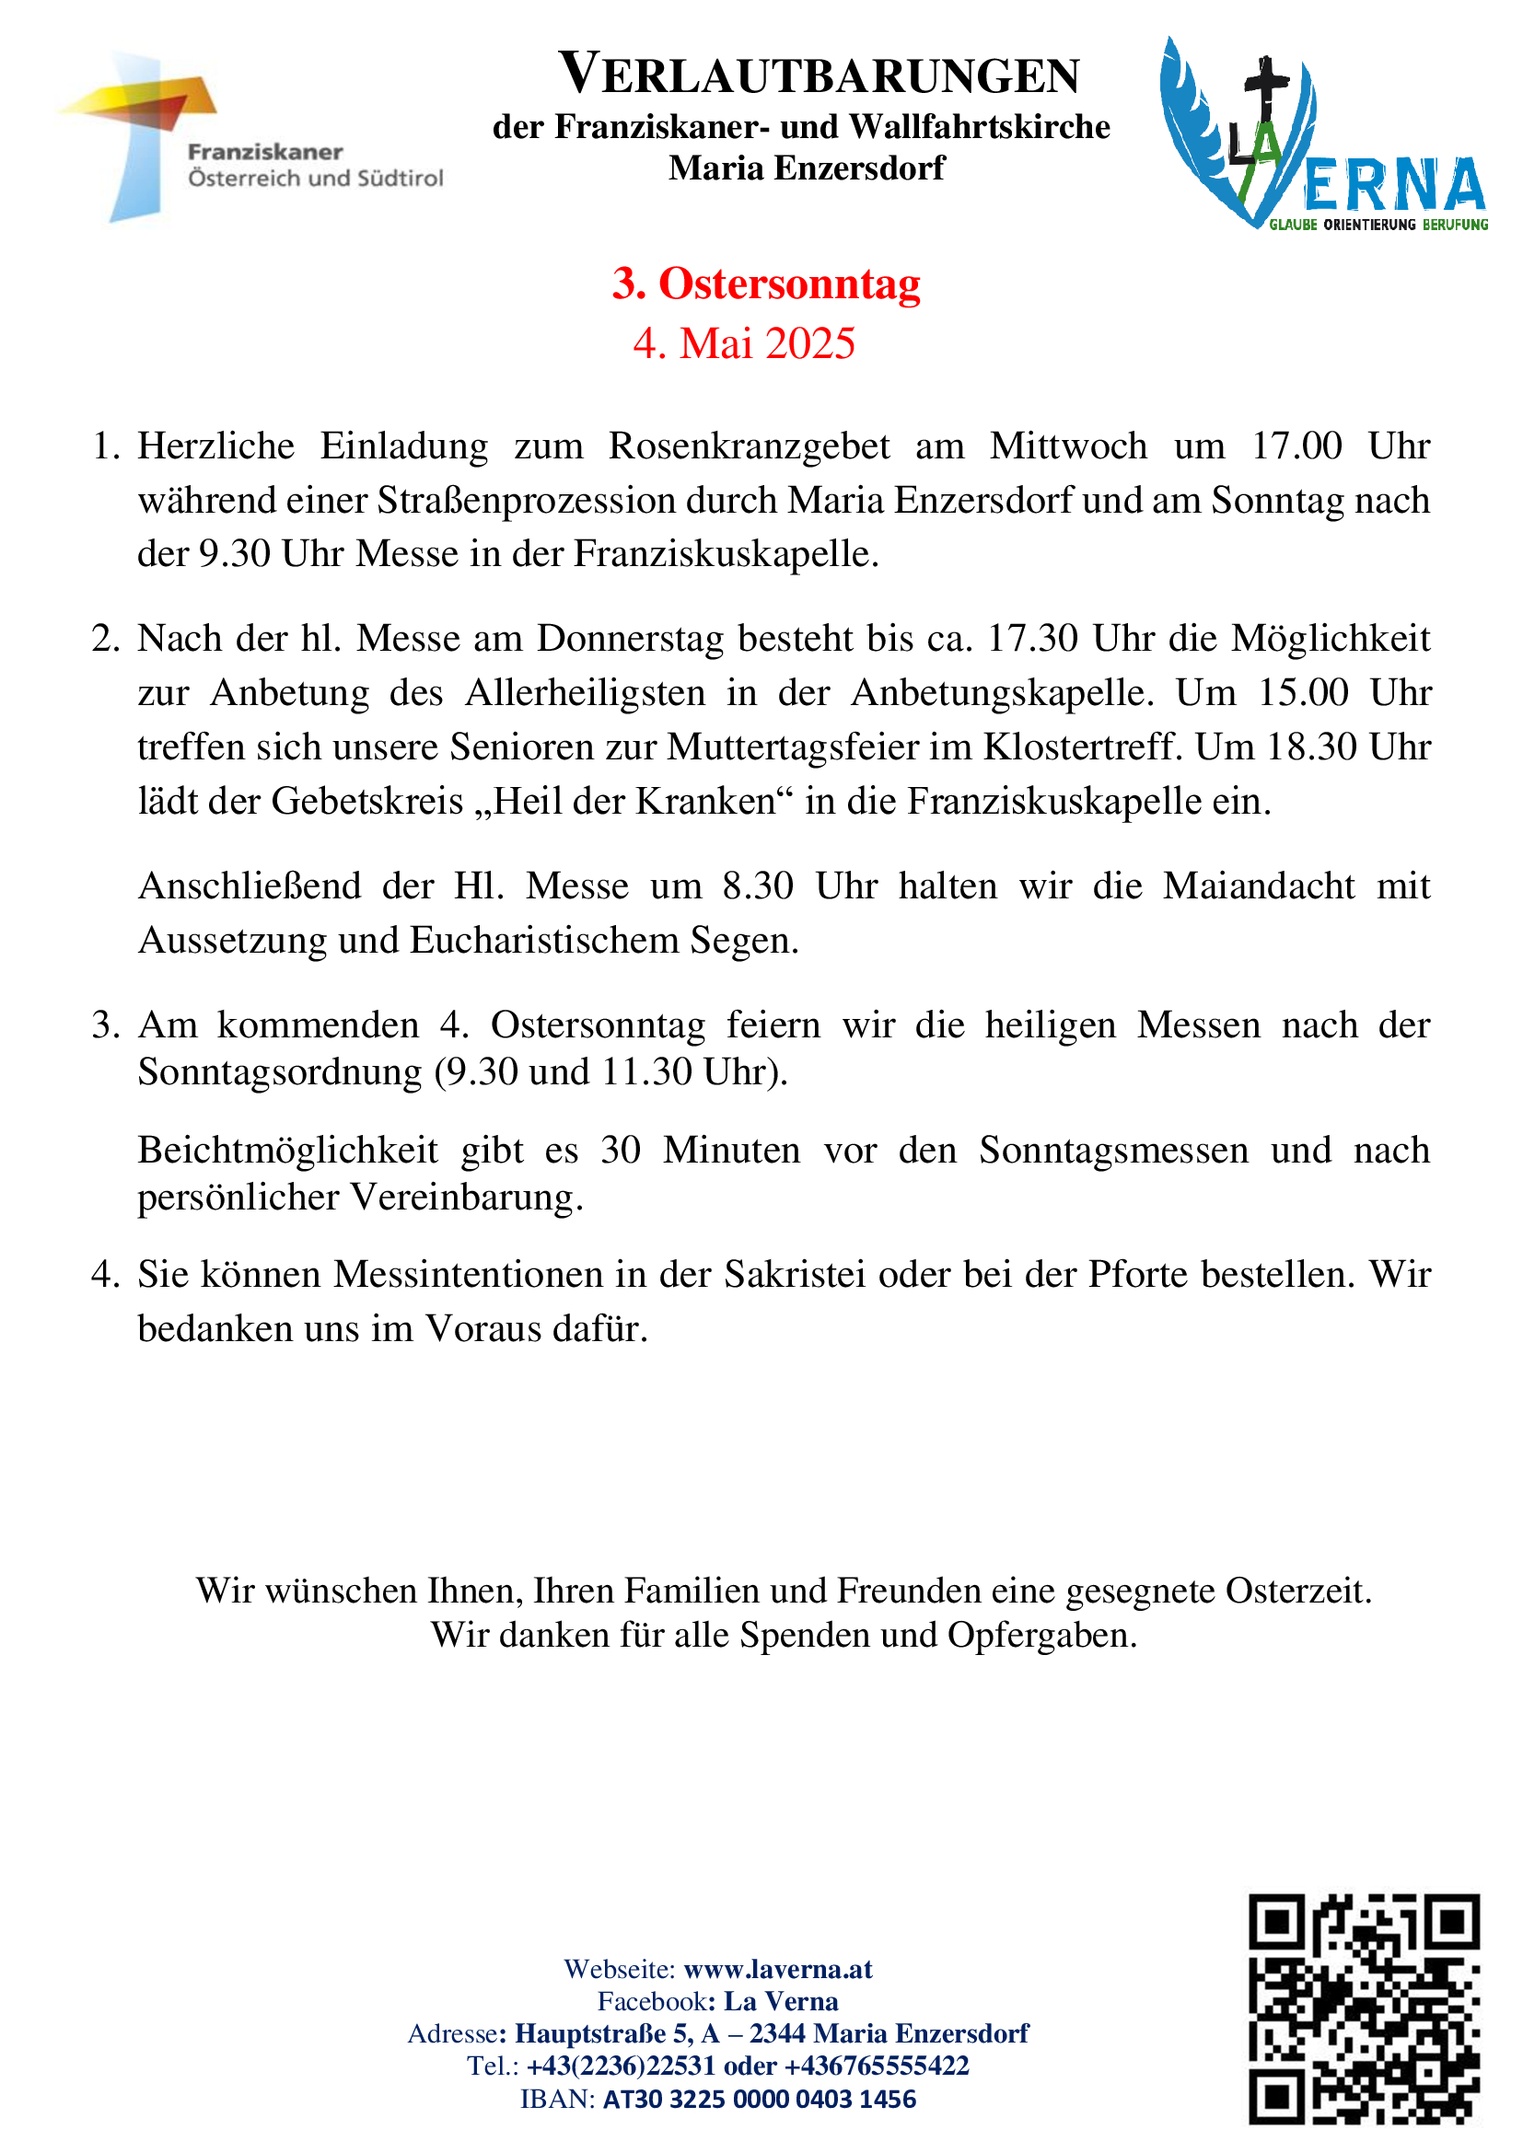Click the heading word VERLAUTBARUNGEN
coord(819,75)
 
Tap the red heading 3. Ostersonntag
coord(766,284)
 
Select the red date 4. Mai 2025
coord(744,343)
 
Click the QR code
coord(1363,2008)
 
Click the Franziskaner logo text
coord(315,165)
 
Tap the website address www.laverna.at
coord(777,1968)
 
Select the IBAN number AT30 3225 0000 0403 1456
coord(759,2099)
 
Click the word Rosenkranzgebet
coord(749,446)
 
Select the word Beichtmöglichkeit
coord(287,1151)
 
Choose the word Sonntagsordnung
coord(280,1071)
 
